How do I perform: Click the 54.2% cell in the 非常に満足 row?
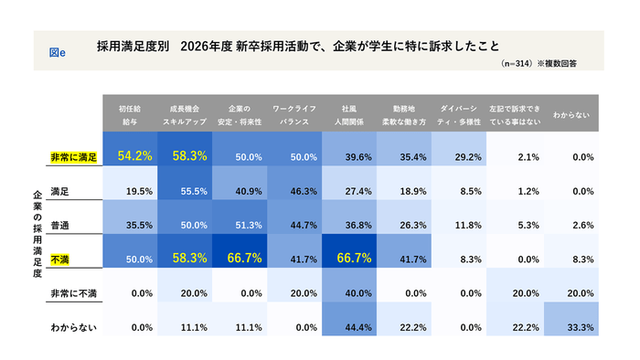click(134, 156)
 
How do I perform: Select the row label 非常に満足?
click(74, 157)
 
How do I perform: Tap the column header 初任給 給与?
click(134, 113)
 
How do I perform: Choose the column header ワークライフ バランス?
click(294, 113)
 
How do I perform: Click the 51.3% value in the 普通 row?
click(240, 225)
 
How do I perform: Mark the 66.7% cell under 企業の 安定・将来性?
click(240, 259)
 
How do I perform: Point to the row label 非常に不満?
click(75, 293)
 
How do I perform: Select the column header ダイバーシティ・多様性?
click(458, 113)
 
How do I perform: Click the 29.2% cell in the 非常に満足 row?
click(457, 157)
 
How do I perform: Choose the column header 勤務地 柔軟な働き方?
click(403, 113)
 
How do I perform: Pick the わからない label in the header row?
click(570, 113)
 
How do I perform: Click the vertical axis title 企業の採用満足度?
click(37, 234)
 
